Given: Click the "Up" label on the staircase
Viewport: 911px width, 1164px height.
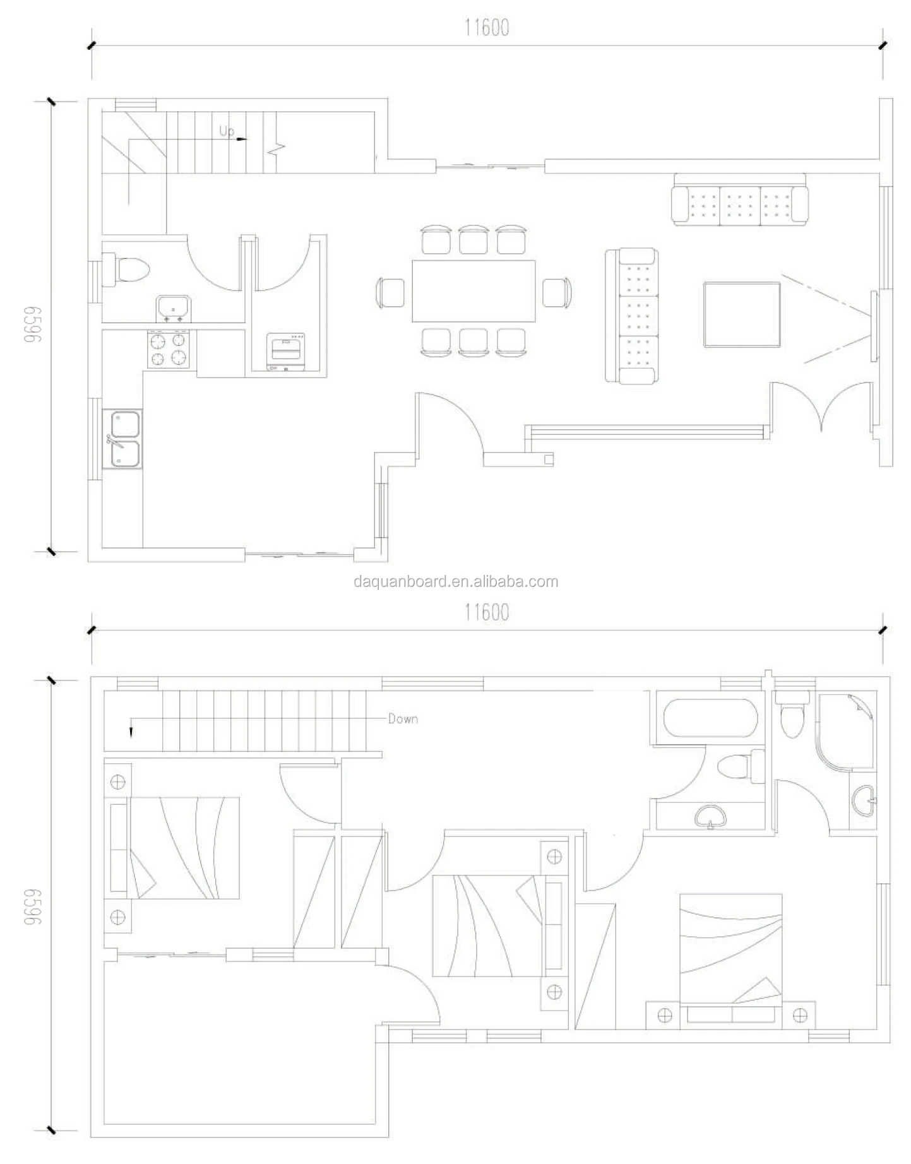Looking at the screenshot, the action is pyautogui.click(x=227, y=131).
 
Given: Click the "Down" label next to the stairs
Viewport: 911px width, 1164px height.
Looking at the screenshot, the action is pyautogui.click(x=403, y=718).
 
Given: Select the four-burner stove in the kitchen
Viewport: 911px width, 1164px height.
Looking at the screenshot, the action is pyautogui.click(x=169, y=349).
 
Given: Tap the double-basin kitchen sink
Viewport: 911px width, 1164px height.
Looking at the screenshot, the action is pyautogui.click(x=126, y=439).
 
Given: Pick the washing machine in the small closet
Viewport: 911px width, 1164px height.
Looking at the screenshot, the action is pyautogui.click(x=286, y=351).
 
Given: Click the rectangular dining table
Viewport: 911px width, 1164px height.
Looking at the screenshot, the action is pyautogui.click(x=473, y=291).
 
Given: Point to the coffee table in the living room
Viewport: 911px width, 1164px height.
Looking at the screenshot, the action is pyautogui.click(x=742, y=315).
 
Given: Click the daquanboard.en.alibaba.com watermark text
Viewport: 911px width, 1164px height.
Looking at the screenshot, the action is pyautogui.click(x=456, y=581).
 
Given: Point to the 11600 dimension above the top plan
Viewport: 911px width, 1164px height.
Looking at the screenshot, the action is pyautogui.click(x=487, y=28).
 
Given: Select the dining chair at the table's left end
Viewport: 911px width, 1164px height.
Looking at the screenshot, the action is pyautogui.click(x=391, y=293).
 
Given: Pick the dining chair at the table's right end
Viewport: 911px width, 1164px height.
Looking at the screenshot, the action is pyautogui.click(x=557, y=293).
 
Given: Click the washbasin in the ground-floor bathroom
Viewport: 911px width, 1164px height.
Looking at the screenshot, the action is pyautogui.click(x=172, y=309).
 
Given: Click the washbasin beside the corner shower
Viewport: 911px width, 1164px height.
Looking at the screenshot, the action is pyautogui.click(x=863, y=801).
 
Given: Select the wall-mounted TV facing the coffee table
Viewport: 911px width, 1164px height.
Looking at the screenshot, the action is pyautogui.click(x=874, y=326).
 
